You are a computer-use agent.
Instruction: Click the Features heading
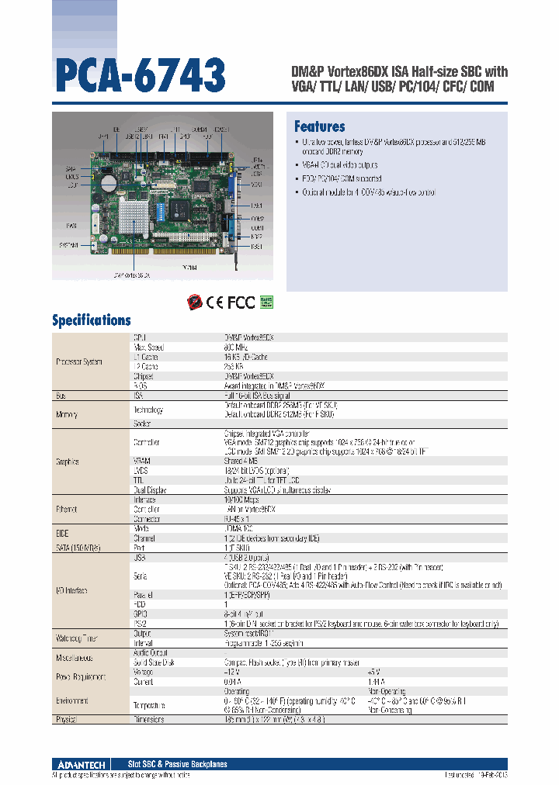(319, 126)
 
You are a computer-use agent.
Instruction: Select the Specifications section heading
(91, 320)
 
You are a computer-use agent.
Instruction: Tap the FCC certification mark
(241, 302)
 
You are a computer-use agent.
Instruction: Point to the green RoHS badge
(266, 301)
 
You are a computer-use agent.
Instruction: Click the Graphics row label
(68, 462)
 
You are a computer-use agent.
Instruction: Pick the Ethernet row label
(68, 510)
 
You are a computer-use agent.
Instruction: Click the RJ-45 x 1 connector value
(236, 519)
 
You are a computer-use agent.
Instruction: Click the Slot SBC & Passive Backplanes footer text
(177, 764)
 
